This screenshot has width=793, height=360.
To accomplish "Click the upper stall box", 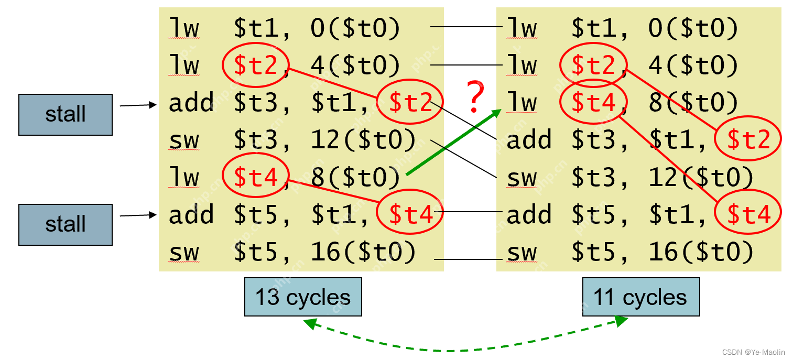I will [x=66, y=115].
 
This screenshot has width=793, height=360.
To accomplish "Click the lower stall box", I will [x=66, y=224].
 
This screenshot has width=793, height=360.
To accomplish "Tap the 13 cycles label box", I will [x=303, y=297].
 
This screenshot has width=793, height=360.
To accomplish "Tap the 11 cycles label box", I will [x=640, y=297].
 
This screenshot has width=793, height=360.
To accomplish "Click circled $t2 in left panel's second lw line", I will [x=255, y=66].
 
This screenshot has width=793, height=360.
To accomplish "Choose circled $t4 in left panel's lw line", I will [x=255, y=178].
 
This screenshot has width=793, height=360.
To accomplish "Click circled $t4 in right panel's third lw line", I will [x=593, y=103].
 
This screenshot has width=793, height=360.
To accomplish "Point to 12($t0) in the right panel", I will [x=701, y=178].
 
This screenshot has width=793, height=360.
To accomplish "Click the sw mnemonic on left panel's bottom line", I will [x=184, y=253].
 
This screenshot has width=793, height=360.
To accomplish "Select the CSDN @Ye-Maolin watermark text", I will [x=753, y=352].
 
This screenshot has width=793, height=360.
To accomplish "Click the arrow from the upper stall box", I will [x=138, y=105].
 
